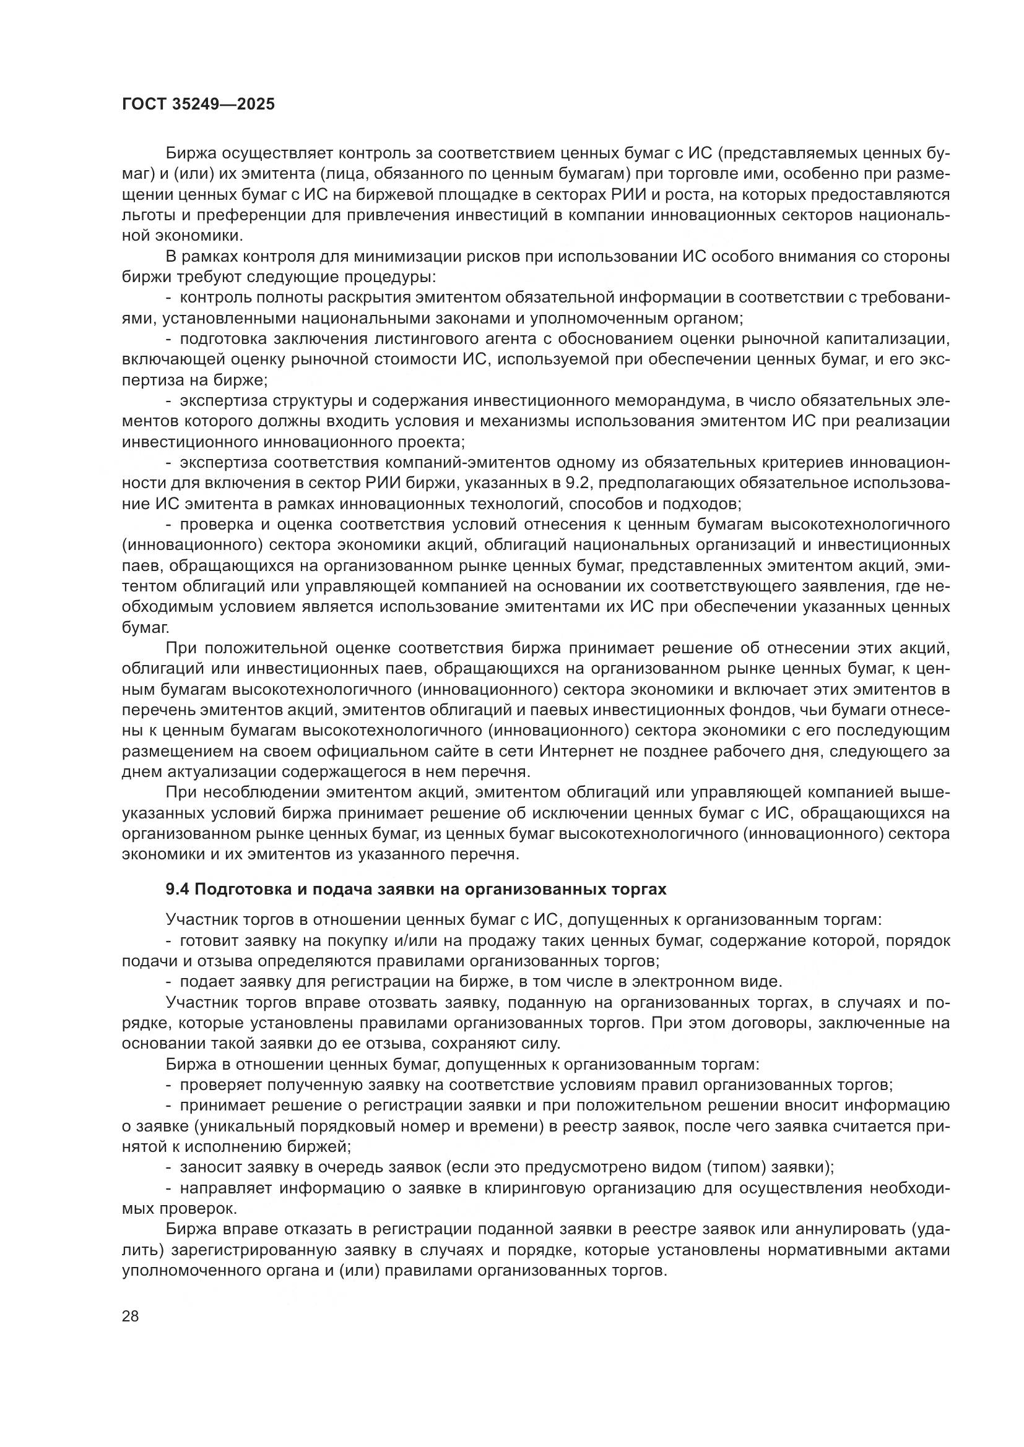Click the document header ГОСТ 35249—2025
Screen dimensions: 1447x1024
198,105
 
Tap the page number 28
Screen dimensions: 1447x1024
131,1315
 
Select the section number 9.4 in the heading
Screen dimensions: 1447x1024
177,889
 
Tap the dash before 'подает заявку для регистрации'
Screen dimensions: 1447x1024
168,981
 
